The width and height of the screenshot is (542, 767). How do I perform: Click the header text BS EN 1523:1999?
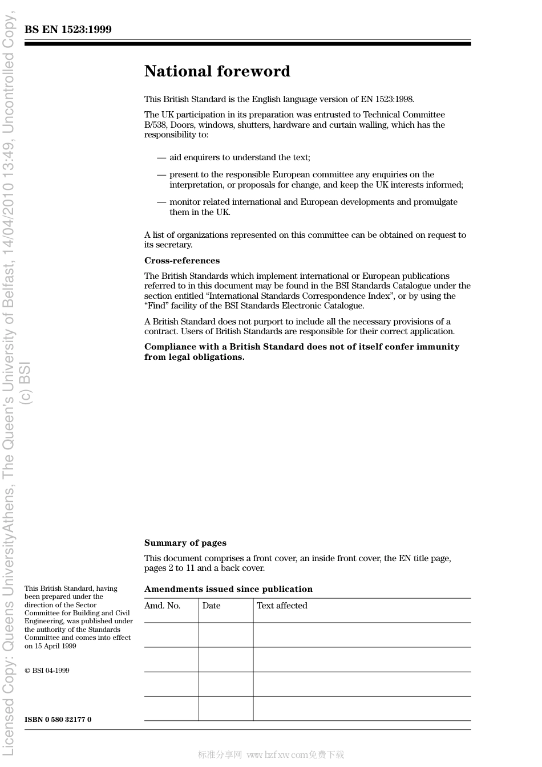[x=68, y=30]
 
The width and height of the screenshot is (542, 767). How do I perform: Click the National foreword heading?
[x=217, y=71]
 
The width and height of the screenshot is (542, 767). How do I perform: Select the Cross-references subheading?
[x=181, y=261]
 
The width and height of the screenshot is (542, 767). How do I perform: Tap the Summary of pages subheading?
[x=185, y=543]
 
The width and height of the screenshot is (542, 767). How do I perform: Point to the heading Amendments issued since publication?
[x=228, y=589]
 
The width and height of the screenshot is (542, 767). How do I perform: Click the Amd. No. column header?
[x=162, y=606]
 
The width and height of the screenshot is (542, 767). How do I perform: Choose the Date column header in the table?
[x=211, y=606]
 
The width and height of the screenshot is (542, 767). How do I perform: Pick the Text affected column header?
[x=282, y=606]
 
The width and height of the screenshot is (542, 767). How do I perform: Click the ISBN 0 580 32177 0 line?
[x=58, y=720]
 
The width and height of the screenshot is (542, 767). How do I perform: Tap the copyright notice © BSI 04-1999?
[x=47, y=671]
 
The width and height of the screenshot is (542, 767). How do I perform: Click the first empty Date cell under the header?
[x=226, y=635]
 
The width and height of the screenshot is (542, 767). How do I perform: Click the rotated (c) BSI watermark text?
[x=26, y=384]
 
